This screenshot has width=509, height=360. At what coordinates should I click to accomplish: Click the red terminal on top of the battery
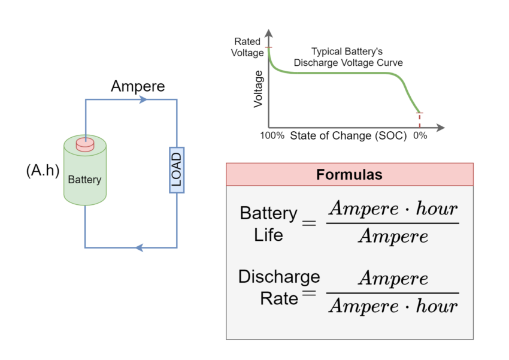point(85,144)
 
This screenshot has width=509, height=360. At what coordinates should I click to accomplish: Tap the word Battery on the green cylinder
point(84,179)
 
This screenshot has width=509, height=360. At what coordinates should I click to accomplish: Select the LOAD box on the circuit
point(177,170)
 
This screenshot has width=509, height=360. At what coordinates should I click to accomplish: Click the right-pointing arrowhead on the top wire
point(143,99)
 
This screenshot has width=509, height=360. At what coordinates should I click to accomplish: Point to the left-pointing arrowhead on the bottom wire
point(139,247)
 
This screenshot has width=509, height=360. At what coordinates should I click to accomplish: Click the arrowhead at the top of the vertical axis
point(268,34)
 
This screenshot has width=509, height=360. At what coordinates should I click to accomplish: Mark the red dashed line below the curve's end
point(419,121)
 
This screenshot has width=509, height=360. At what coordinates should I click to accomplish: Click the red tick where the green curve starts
point(268,47)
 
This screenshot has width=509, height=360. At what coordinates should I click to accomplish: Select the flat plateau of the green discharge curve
point(341,72)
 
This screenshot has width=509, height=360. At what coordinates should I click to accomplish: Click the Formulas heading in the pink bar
point(349,175)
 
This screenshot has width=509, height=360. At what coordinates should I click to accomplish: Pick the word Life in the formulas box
point(268,234)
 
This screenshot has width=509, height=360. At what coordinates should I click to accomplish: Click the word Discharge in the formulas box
point(279,277)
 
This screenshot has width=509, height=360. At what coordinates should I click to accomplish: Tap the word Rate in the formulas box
point(279,298)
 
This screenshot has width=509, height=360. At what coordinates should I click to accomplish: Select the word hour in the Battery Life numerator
point(435,209)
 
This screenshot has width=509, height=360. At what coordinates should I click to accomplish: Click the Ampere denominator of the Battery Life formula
point(393,237)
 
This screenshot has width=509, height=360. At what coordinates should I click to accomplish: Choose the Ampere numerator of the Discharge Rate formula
point(393,279)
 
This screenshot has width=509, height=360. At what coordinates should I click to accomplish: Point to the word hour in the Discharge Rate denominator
point(435,307)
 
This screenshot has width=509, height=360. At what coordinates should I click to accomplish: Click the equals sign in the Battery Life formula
point(309,223)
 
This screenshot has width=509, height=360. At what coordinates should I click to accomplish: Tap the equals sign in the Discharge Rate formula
point(309,293)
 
